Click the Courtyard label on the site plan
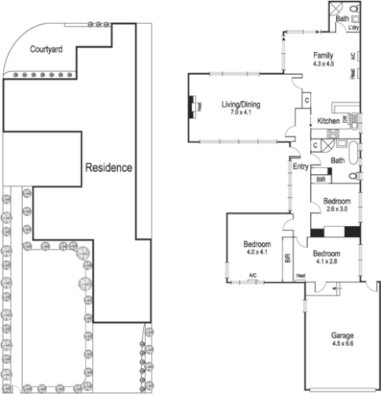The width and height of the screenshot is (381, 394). [46, 49]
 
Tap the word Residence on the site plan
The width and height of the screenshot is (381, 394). [109, 168]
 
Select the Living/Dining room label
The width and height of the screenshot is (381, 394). [240, 104]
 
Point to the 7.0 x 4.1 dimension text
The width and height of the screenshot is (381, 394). [240, 113]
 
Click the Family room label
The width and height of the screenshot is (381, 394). [324, 55]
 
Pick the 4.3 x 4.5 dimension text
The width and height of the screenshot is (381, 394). [324, 63]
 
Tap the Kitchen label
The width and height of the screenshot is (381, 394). [328, 121]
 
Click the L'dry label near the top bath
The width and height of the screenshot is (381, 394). [353, 28]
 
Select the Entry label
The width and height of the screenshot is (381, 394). [300, 166]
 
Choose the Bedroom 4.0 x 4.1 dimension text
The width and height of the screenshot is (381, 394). [255, 252]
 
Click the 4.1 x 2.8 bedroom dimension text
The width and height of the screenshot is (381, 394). [326, 262]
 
